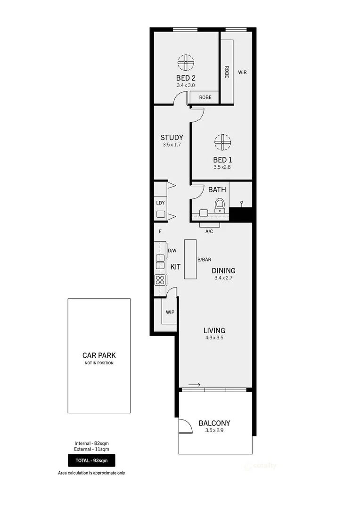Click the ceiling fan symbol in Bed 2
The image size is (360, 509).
pyautogui.click(x=186, y=62)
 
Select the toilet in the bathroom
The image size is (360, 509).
pyautogui.click(x=220, y=205)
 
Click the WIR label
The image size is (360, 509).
pyautogui.click(x=242, y=73)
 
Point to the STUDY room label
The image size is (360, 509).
pyautogui.click(x=172, y=138)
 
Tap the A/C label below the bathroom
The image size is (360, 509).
pyautogui.click(x=209, y=231)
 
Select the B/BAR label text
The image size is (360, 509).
pyautogui.click(x=204, y=260)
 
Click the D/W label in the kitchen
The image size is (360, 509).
pyautogui.click(x=172, y=251)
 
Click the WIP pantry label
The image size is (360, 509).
pyautogui.click(x=170, y=312)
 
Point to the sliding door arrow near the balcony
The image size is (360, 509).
pyautogui.click(x=194, y=385)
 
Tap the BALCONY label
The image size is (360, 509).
pyautogui.click(x=214, y=423)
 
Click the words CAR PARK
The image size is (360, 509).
pyautogui.click(x=99, y=356)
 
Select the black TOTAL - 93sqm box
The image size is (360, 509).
pyautogui.click(x=91, y=460)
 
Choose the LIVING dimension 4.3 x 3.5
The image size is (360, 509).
pyautogui.click(x=214, y=338)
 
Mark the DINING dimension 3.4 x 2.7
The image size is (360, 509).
pyautogui.click(x=223, y=278)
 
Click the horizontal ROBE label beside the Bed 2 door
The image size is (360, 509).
pyautogui.click(x=205, y=98)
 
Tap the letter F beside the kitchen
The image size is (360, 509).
pyautogui.click(x=160, y=231)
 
